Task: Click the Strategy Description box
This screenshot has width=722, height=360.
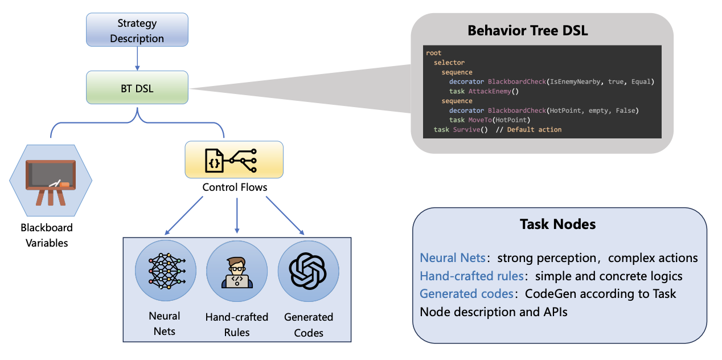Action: pos(137,31)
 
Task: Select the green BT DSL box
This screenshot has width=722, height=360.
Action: pos(137,88)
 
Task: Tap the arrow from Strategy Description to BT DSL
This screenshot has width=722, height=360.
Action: pos(137,59)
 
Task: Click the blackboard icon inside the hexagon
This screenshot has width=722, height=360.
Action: pos(51,179)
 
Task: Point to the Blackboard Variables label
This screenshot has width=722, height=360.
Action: pos(47,235)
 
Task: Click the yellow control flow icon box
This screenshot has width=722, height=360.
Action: pos(234,159)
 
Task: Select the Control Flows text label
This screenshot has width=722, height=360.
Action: pos(235,187)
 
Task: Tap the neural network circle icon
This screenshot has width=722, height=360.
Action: pos(166,271)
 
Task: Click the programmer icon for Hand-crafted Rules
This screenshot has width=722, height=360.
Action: pos(237,271)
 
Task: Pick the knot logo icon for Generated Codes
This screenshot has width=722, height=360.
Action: pos(308,271)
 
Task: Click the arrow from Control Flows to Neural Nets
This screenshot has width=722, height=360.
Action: pos(183,216)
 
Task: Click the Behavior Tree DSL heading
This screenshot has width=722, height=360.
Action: pos(528,31)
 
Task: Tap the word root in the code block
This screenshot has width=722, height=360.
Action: pos(433,53)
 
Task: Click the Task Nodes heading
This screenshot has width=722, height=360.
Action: pos(558,224)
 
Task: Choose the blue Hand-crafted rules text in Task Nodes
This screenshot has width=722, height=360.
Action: pos(471,276)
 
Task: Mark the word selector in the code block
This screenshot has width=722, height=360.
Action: pos(449,63)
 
